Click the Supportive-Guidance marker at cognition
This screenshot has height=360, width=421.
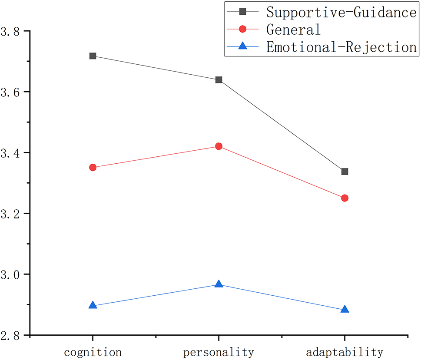coord(93,56)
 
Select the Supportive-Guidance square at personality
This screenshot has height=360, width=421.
coord(219,80)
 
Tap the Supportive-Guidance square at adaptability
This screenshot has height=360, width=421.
coord(345,172)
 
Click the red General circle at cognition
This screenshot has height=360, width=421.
coord(93,168)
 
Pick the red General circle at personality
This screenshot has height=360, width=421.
coord(219,146)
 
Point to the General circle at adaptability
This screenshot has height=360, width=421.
coord(345,198)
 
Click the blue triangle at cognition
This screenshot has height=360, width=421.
coord(93,305)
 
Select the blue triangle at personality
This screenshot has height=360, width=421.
coord(219,284)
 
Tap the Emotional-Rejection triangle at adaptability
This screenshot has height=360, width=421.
coord(345,310)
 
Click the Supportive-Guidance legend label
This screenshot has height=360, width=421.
coord(341,12)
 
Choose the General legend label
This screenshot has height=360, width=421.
coord(293,30)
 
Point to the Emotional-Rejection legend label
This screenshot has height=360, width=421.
coord(341,47)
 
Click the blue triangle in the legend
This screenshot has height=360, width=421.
coord(243,46)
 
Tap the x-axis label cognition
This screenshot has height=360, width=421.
coord(93,351)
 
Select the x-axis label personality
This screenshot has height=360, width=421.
coord(219,351)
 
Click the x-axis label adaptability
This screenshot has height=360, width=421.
coord(345,351)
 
